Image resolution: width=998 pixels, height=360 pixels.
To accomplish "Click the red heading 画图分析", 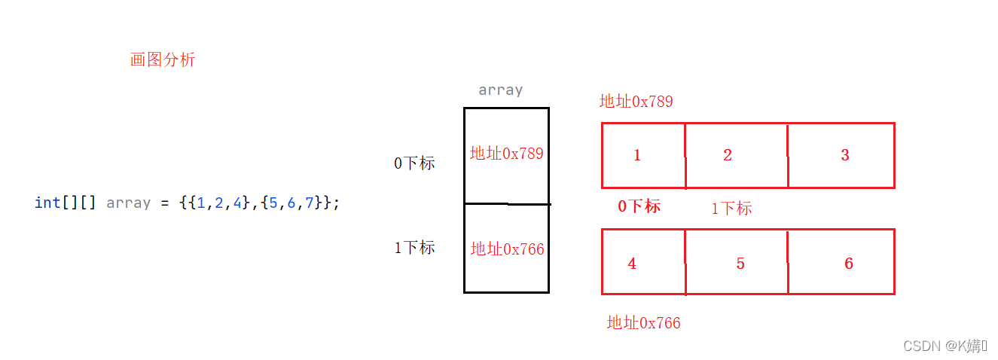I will [x=163, y=60].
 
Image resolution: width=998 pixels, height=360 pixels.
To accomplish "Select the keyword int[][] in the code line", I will [x=65, y=203].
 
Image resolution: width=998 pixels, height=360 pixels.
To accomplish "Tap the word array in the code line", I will [x=129, y=203].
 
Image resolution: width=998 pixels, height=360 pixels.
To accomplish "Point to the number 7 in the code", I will [x=309, y=203].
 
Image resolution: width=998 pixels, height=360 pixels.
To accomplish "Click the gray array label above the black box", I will [x=500, y=90].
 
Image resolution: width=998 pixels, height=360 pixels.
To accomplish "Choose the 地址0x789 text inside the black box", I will [x=506, y=154].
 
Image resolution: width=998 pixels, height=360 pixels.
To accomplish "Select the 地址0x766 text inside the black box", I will [x=507, y=249].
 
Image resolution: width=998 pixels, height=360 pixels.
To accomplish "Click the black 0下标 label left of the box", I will [x=414, y=163].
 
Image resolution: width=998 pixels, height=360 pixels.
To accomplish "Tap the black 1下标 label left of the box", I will [x=414, y=248].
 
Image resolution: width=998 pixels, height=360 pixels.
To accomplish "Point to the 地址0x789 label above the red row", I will [x=636, y=102].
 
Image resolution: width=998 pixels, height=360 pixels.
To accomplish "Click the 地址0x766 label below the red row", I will [x=643, y=323].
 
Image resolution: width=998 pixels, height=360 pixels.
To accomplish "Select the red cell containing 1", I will [x=642, y=155].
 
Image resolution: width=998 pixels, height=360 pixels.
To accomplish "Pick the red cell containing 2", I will [x=736, y=155].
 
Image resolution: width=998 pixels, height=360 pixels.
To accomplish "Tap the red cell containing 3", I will [x=841, y=155].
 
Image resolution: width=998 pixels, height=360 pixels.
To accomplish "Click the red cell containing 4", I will [x=642, y=262].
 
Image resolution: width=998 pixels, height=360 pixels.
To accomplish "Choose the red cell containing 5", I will [x=736, y=262].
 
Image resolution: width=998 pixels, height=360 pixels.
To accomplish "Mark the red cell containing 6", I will [x=841, y=262].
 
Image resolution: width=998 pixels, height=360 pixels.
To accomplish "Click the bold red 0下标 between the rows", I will [x=639, y=206].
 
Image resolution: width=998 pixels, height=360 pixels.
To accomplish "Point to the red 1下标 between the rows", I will [x=731, y=209].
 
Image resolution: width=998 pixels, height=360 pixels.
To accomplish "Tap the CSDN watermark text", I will [x=945, y=346].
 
